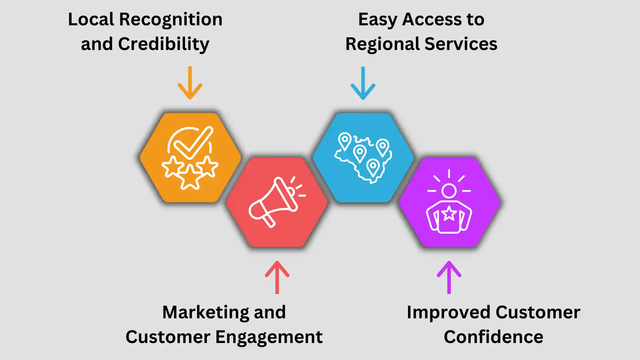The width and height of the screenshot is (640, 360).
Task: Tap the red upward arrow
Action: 277,277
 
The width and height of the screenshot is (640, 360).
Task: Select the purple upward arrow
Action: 449,277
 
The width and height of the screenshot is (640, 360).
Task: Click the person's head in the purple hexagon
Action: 449,191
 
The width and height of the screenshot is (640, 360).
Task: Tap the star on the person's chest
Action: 449,213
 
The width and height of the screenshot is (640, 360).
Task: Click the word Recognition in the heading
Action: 171,19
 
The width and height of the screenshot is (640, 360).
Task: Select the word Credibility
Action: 164,44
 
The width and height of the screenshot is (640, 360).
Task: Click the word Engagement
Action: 269,337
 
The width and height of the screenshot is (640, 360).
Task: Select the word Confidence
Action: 493,337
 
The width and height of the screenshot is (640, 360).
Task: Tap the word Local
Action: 91,19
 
